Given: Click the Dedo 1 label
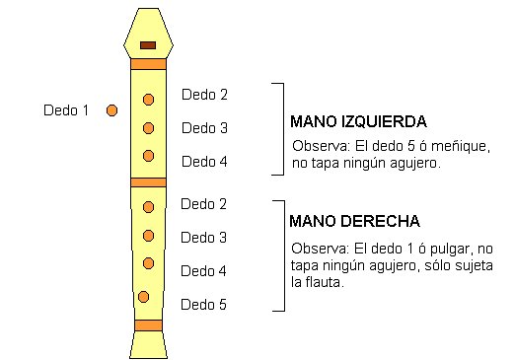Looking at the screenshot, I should pyautogui.click(x=66, y=110).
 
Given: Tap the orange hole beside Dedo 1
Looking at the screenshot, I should pyautogui.click(x=111, y=109).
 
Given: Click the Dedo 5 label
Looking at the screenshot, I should pyautogui.click(x=204, y=304).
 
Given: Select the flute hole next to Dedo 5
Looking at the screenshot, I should pyautogui.click(x=144, y=297).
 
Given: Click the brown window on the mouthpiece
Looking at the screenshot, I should pyautogui.click(x=148, y=45).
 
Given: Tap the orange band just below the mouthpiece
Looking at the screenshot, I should pyautogui.click(x=148, y=64).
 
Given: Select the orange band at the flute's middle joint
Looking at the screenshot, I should pyautogui.click(x=148, y=181).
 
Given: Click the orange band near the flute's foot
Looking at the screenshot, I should pyautogui.click(x=148, y=324).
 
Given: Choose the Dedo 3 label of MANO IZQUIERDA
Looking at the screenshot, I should pyautogui.click(x=204, y=128).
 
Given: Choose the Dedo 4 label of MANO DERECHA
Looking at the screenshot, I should pyautogui.click(x=204, y=270).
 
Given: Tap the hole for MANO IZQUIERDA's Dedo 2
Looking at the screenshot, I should pyautogui.click(x=149, y=100).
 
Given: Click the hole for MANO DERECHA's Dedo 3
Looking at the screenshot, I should pyautogui.click(x=149, y=235).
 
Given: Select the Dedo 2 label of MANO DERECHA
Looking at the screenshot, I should pyautogui.click(x=204, y=204).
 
